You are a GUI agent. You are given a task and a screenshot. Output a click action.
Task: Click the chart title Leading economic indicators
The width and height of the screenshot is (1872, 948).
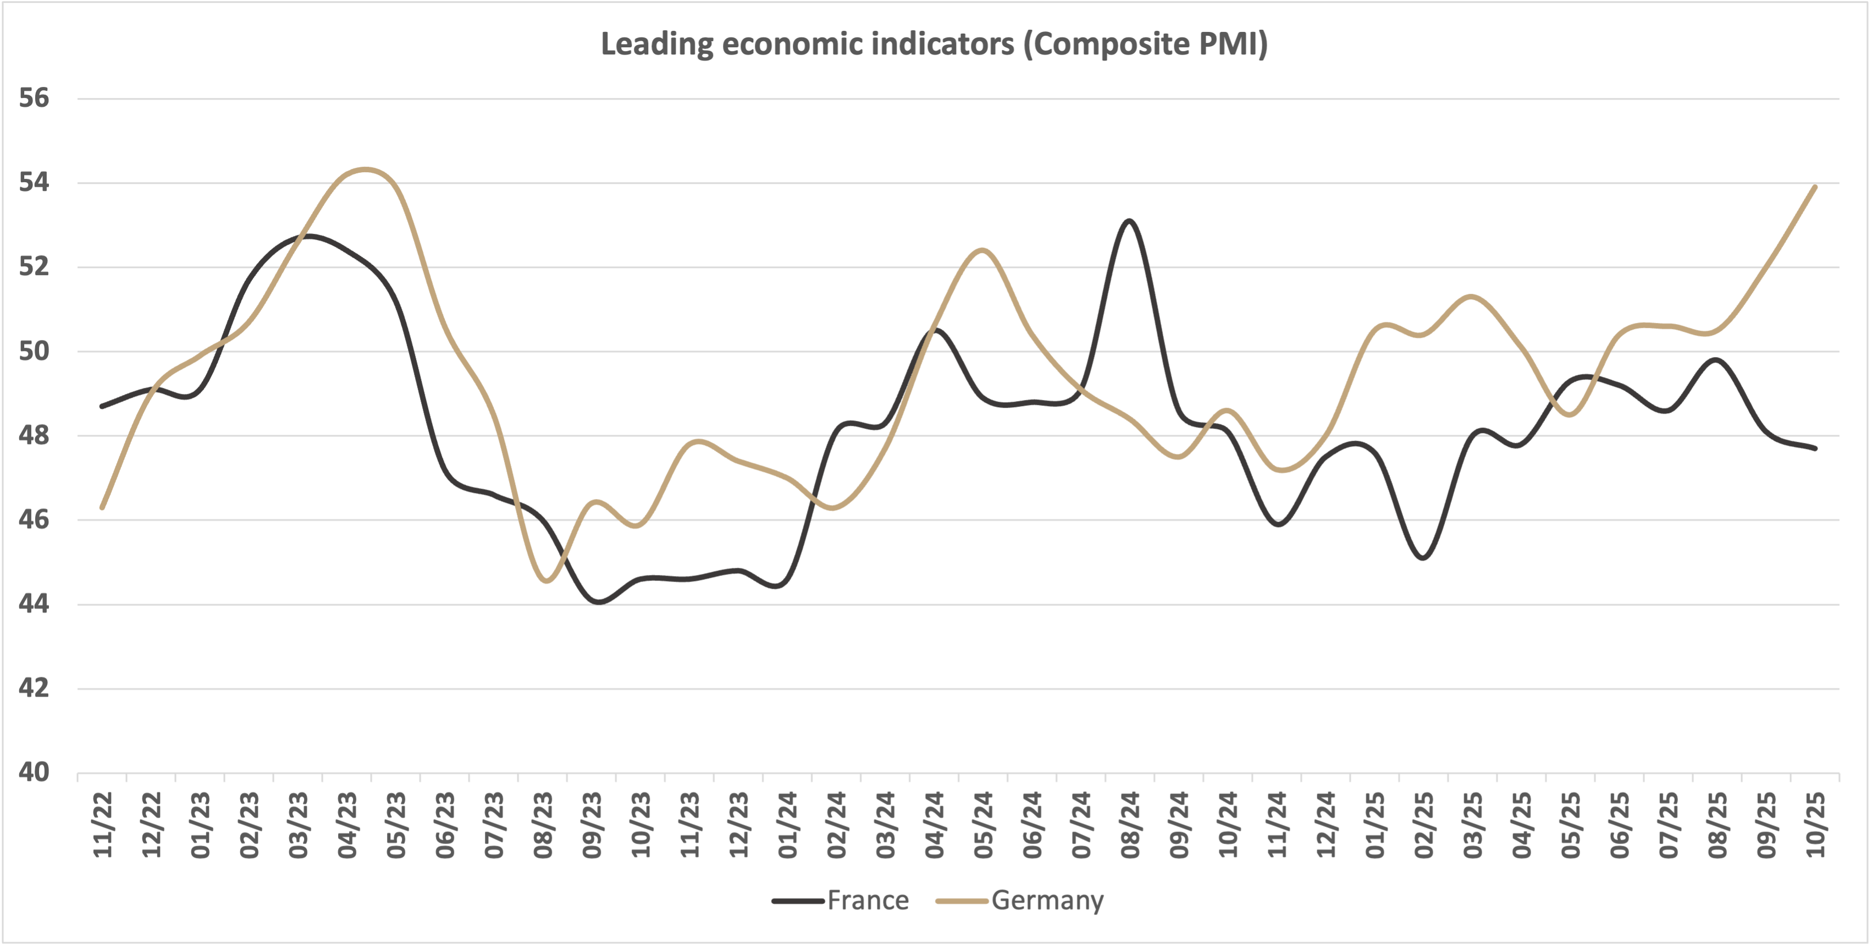click(x=935, y=45)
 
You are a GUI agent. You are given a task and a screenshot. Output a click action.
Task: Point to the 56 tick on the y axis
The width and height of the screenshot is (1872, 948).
click(x=34, y=98)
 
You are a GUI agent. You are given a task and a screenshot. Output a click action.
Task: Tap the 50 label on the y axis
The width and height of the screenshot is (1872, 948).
click(x=34, y=351)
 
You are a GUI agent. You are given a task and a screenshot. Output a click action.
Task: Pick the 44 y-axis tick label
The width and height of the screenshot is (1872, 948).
click(x=34, y=604)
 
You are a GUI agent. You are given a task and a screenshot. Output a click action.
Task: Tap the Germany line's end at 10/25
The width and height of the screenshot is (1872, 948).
click(x=1815, y=187)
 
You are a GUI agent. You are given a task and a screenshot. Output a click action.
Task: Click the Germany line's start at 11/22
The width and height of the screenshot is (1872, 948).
click(x=102, y=507)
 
